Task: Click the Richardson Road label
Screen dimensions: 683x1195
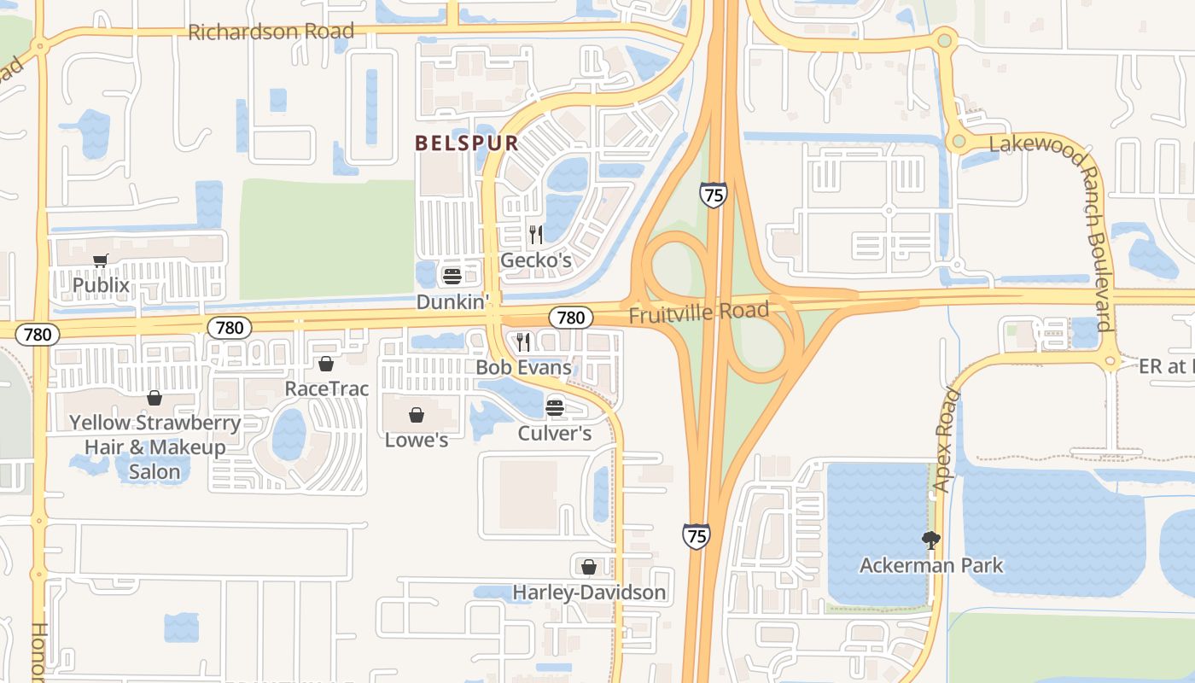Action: [271, 32]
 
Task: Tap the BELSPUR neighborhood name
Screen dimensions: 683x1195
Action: [467, 143]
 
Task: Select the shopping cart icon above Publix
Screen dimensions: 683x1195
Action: [101, 261]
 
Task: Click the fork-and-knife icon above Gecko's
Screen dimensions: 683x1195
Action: [536, 234]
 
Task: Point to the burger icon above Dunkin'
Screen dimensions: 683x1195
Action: [452, 277]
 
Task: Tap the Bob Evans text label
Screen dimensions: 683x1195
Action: [523, 368]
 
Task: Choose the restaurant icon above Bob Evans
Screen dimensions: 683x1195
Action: [523, 342]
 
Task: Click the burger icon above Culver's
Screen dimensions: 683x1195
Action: [555, 407]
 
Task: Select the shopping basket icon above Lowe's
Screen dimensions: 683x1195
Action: [417, 415]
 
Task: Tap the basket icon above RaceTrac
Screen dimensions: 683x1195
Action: [325, 364]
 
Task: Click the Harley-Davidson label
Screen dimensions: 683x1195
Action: [589, 592]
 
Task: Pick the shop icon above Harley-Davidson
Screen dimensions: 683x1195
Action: [588, 567]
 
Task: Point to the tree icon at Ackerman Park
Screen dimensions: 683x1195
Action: [930, 540]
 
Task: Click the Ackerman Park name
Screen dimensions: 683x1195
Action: [931, 565]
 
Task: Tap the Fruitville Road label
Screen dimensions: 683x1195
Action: [699, 312]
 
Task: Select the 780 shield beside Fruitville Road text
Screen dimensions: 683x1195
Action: [570, 318]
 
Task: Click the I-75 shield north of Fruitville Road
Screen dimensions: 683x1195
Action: [713, 195]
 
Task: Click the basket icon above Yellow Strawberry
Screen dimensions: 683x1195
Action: [154, 398]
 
